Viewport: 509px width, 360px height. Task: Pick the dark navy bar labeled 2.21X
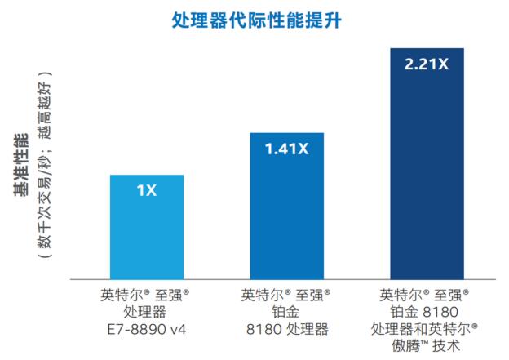click(x=427, y=180)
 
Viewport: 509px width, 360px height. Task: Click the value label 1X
click(x=147, y=191)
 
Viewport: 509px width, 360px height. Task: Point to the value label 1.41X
click(x=285, y=149)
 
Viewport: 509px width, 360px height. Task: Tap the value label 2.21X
click(x=427, y=63)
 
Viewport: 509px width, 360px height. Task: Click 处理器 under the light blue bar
click(x=148, y=312)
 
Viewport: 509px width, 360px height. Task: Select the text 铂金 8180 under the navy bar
click(x=426, y=312)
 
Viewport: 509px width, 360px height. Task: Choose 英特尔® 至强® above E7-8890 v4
click(x=148, y=294)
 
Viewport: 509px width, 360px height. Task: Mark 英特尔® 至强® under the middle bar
click(x=285, y=294)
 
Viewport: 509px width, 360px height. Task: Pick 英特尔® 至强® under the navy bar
click(x=426, y=294)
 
